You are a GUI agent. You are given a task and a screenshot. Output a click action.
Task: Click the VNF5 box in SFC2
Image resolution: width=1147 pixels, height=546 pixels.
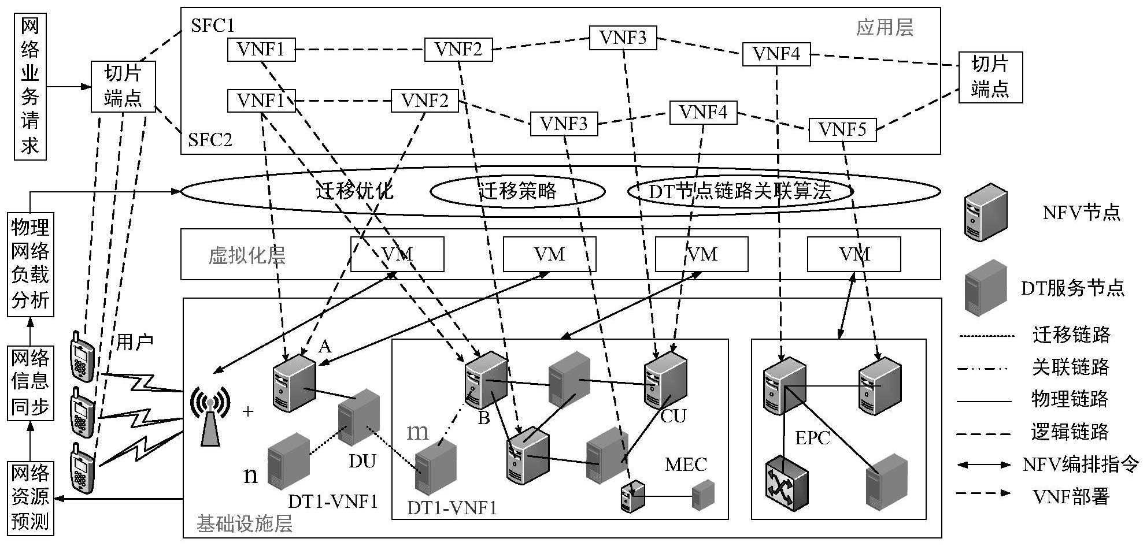pyautogui.click(x=842, y=130)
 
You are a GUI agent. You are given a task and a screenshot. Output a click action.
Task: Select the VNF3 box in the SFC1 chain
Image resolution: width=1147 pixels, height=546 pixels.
pyautogui.click(x=623, y=38)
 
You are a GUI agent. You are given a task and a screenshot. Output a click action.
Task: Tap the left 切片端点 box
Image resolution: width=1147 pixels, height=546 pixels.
pyautogui.click(x=123, y=87)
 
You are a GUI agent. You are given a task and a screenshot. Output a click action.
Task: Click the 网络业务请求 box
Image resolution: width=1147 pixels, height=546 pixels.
pyautogui.click(x=30, y=86)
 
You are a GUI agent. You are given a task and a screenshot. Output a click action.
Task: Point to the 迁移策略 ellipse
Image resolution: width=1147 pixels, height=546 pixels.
pyautogui.click(x=518, y=191)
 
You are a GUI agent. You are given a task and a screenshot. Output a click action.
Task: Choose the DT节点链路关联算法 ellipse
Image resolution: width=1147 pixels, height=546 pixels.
pyautogui.click(x=740, y=191)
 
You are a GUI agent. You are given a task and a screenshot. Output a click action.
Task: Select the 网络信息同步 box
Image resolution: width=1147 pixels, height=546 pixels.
pyautogui.click(x=31, y=382)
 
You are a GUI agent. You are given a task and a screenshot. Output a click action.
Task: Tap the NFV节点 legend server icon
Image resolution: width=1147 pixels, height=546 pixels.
pyautogui.click(x=986, y=213)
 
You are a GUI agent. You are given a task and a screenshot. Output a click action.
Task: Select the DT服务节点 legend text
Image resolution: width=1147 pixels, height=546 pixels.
pyautogui.click(x=1073, y=288)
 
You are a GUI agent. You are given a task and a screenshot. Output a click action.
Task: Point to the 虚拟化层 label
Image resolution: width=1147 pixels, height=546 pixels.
pyautogui.click(x=247, y=255)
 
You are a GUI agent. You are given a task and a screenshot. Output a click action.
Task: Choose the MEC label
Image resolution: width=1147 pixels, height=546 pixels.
pyautogui.click(x=686, y=465)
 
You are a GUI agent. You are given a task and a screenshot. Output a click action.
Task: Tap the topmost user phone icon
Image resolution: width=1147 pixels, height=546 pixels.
pyautogui.click(x=82, y=355)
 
